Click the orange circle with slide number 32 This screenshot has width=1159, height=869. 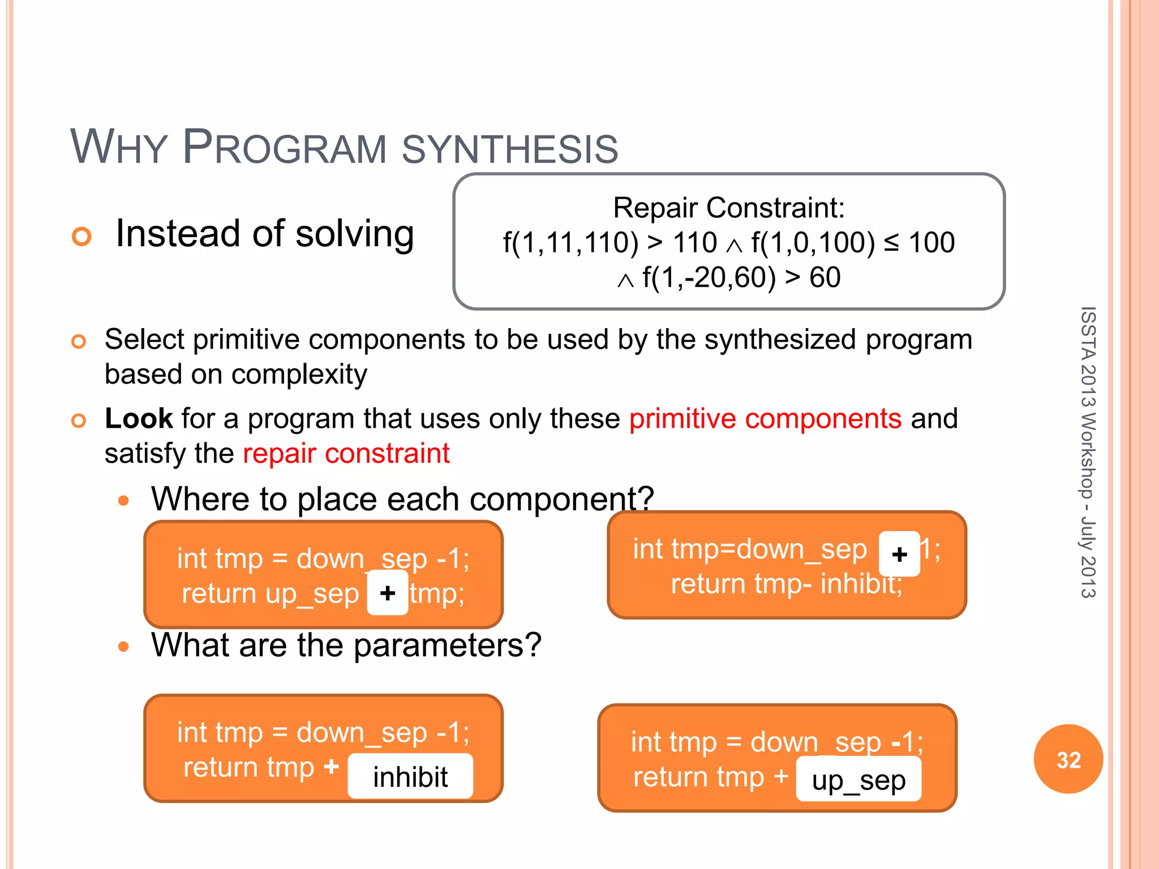tap(1068, 759)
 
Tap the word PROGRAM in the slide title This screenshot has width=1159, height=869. tap(285, 148)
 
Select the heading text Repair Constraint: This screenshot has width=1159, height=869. tap(728, 208)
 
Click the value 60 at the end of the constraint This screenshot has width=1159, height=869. tap(825, 277)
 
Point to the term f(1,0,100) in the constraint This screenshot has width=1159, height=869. tap(813, 243)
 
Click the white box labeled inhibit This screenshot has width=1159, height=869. tap(410, 776)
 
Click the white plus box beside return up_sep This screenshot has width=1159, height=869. tap(388, 593)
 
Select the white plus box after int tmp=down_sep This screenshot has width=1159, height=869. tap(899, 554)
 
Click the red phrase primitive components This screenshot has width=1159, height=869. tap(765, 419)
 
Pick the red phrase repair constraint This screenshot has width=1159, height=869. tap(346, 453)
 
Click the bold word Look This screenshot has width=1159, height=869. tap(139, 419)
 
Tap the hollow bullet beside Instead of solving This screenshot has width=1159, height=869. tap(81, 236)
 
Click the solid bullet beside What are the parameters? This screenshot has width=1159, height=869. tap(124, 646)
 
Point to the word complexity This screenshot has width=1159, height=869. tap(299, 375)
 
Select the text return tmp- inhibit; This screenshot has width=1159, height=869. tap(786, 584)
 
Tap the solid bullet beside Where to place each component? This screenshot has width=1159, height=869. tap(124, 500)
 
